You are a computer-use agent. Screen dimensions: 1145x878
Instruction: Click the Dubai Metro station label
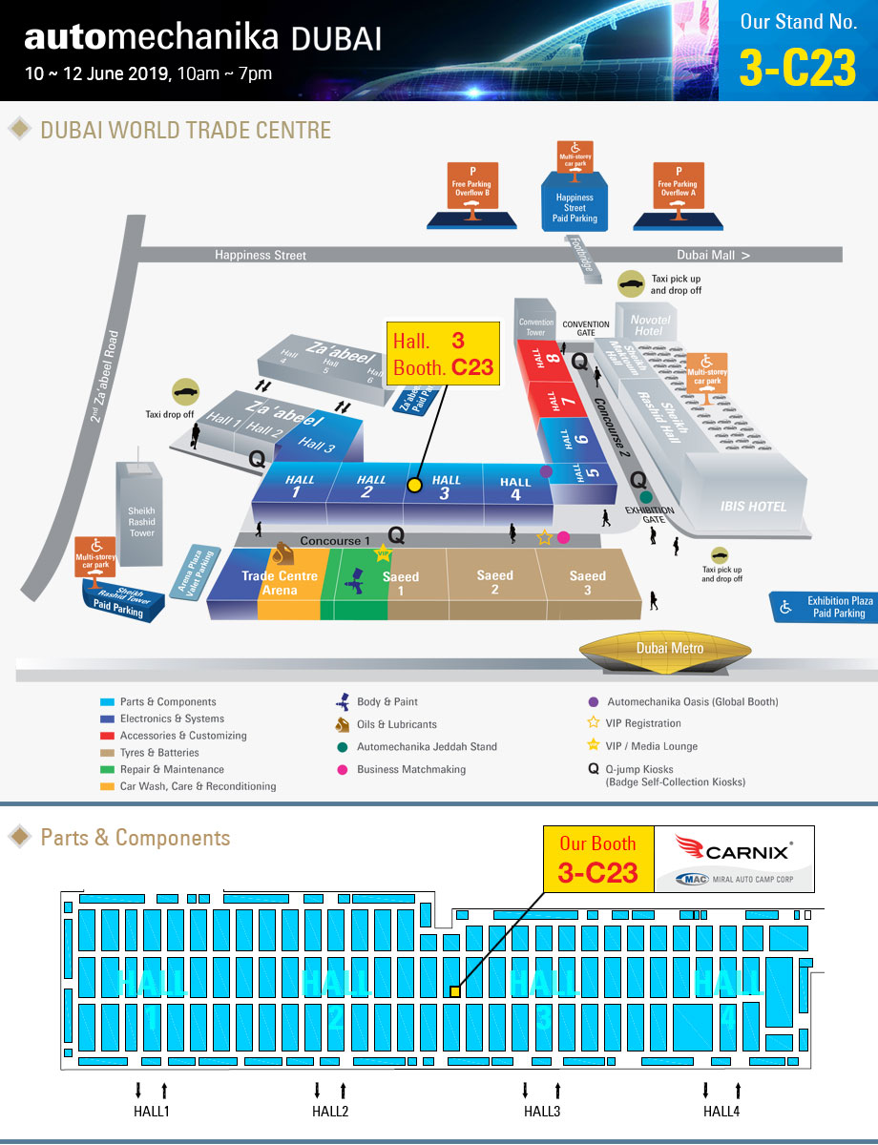coord(670,649)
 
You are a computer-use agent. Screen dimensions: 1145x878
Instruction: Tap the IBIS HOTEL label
coord(753,506)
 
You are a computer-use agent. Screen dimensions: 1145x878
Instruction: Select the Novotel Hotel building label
coord(649,324)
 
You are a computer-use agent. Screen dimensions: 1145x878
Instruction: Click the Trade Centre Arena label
coord(280,583)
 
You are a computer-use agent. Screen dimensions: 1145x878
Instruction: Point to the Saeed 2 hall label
coord(494,582)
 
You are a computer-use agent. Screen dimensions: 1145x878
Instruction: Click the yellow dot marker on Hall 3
coord(414,485)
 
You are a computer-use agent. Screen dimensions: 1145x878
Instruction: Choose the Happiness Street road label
coord(261,255)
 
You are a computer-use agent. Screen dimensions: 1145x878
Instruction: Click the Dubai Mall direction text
coord(713,255)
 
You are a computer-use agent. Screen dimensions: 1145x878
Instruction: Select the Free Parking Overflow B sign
coord(472,184)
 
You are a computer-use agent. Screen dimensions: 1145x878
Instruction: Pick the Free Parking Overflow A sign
coord(678,184)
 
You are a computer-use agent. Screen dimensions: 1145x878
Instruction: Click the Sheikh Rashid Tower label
coord(142,522)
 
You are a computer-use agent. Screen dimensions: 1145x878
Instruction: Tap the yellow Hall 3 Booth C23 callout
coord(444,353)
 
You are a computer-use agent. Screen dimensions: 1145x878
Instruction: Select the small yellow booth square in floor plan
coord(455,991)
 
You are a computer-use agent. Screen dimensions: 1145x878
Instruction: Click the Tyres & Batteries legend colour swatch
coord(111,753)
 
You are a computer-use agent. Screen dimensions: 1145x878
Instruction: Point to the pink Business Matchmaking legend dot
coord(343,769)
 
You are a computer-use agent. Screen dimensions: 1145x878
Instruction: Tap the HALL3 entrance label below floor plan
coord(541,1111)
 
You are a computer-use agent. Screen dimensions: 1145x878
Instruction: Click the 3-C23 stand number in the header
coord(797,67)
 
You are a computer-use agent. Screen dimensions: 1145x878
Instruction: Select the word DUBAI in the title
coord(336,38)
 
